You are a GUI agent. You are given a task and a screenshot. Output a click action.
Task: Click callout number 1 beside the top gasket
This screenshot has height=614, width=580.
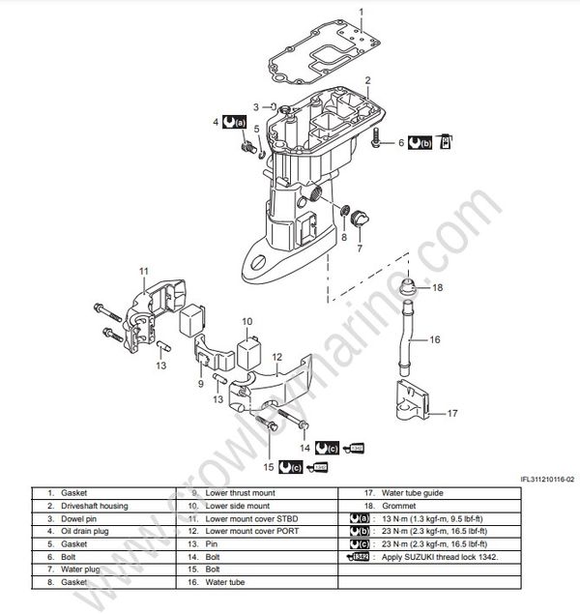[362, 12]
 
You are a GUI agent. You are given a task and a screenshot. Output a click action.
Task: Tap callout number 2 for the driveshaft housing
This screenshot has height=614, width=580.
[368, 78]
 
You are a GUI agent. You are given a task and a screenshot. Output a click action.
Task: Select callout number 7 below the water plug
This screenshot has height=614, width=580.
[360, 248]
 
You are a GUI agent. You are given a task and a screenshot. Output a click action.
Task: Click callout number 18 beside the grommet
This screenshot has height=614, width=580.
[437, 288]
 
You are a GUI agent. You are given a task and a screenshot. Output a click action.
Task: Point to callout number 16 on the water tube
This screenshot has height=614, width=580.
[434, 340]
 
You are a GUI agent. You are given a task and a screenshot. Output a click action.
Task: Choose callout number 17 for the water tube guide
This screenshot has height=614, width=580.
[450, 414]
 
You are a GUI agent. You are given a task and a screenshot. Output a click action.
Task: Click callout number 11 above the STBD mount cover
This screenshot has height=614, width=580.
[143, 270]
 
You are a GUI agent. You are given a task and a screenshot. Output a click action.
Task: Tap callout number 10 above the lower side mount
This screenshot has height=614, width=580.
[246, 322]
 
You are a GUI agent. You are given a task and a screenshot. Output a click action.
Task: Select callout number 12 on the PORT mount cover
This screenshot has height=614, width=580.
[275, 356]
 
